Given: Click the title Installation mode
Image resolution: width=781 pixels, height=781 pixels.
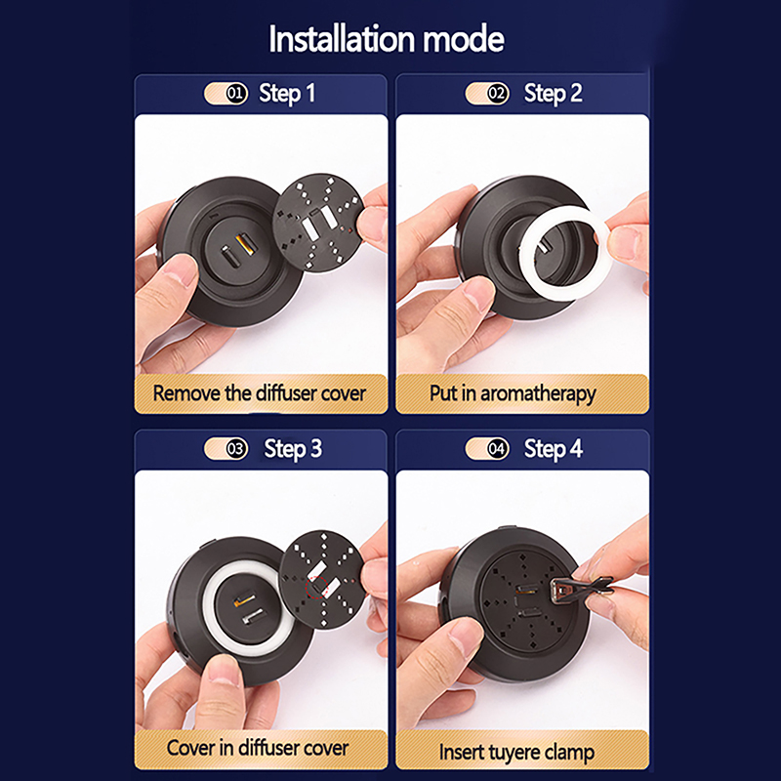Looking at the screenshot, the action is [387, 39].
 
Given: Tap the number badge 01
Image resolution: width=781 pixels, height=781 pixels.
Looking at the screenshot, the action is [236, 93].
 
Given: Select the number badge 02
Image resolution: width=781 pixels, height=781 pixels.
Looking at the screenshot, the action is [497, 93].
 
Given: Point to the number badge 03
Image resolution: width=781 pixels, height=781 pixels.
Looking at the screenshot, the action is [236, 449].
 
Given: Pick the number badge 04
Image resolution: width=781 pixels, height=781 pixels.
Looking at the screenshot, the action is [497, 449].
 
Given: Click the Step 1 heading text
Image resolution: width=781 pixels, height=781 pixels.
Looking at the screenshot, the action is [287, 94].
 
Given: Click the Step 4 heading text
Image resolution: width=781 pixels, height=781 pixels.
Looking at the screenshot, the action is [553, 450].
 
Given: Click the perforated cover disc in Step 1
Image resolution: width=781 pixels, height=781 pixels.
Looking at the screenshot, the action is [317, 223].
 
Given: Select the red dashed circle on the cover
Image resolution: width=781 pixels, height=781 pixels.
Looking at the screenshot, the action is [316, 587].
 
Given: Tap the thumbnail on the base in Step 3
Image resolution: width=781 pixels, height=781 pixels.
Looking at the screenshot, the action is [221, 670].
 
